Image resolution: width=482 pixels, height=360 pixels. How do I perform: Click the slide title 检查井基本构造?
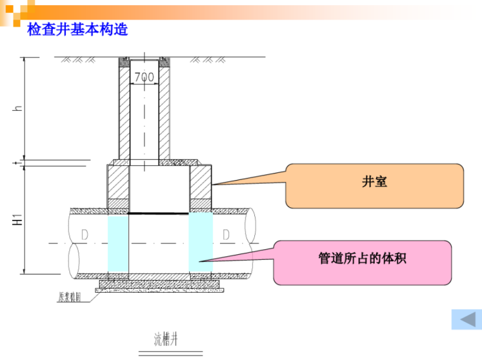click(x=77, y=30)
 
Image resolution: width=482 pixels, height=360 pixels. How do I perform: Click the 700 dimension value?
click(x=144, y=77)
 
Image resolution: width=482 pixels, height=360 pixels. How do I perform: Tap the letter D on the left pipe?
click(x=84, y=235)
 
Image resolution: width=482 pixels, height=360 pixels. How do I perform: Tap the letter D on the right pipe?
click(x=226, y=235)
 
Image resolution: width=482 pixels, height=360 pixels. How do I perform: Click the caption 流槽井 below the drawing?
click(x=167, y=339)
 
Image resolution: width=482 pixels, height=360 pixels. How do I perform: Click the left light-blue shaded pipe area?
click(x=119, y=244)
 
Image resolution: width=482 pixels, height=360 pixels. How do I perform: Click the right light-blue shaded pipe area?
click(x=200, y=244)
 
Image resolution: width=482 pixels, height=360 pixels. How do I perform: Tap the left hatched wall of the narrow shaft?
click(x=124, y=111)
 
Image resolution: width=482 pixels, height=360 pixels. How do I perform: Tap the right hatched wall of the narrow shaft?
click(x=164, y=111)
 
